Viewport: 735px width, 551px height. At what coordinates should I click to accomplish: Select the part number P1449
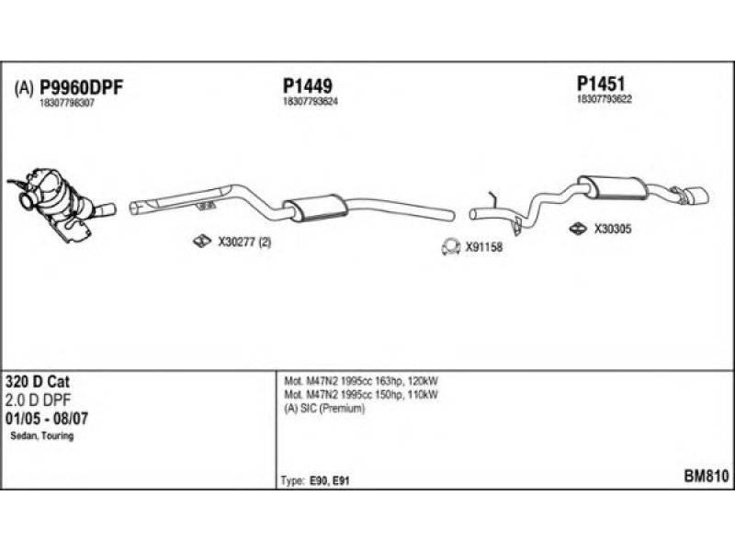[x=307, y=84]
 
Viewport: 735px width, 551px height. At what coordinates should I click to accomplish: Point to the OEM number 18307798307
[x=67, y=103]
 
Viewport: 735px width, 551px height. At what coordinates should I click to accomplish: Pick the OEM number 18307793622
[x=605, y=98]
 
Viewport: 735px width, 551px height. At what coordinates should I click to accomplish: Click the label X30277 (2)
[x=243, y=242]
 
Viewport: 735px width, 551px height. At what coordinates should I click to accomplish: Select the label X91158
[x=483, y=246]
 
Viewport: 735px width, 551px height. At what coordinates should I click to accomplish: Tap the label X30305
[x=612, y=230]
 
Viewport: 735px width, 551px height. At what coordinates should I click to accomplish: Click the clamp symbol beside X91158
[x=450, y=246]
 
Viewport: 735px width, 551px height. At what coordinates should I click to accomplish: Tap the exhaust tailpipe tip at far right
[x=695, y=197]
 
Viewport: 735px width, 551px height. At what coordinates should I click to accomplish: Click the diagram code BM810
[x=706, y=478]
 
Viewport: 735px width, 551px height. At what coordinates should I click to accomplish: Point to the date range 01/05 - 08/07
[x=48, y=418]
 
